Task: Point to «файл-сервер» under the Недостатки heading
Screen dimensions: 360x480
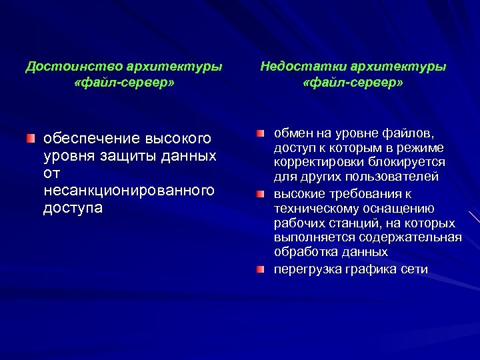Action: [353, 85]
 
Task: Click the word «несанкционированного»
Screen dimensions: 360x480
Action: [129, 191]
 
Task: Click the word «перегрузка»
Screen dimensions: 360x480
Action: [307, 269]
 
